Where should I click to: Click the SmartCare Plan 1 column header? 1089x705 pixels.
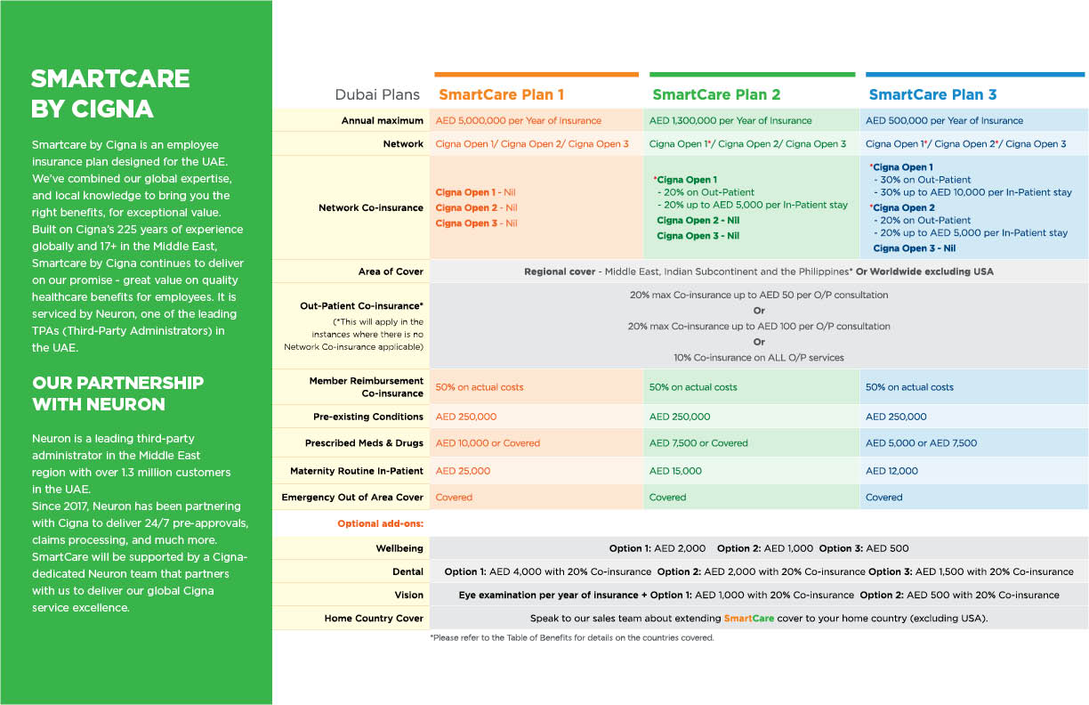coord(501,94)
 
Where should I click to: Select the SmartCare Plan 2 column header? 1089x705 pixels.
coord(716,94)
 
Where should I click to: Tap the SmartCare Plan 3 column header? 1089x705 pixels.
coord(932,94)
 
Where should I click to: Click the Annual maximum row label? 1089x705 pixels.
coord(383,121)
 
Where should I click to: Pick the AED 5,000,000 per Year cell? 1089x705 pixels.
coord(518,121)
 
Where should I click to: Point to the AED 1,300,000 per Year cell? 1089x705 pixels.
coord(730,121)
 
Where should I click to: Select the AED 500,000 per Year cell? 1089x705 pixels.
coord(944,121)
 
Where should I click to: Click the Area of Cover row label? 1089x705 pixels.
coord(391,271)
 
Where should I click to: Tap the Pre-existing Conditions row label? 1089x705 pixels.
coord(368,417)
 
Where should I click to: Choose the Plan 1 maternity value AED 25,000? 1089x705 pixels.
coord(463,471)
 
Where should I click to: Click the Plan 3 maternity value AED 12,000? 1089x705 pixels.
coord(891,471)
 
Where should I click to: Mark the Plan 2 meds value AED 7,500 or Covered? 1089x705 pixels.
coord(698,443)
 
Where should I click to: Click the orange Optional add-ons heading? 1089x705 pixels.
coord(380,523)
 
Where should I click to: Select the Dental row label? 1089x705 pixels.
coord(407,571)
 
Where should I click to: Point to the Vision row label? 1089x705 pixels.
coord(409,595)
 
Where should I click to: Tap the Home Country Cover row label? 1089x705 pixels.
coord(374,619)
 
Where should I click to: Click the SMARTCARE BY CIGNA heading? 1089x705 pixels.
coord(110,93)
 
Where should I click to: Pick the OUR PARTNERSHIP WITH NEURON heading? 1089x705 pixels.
coord(117,393)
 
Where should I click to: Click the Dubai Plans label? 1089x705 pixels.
coord(377,95)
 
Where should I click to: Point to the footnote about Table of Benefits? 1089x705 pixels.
coord(571,638)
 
